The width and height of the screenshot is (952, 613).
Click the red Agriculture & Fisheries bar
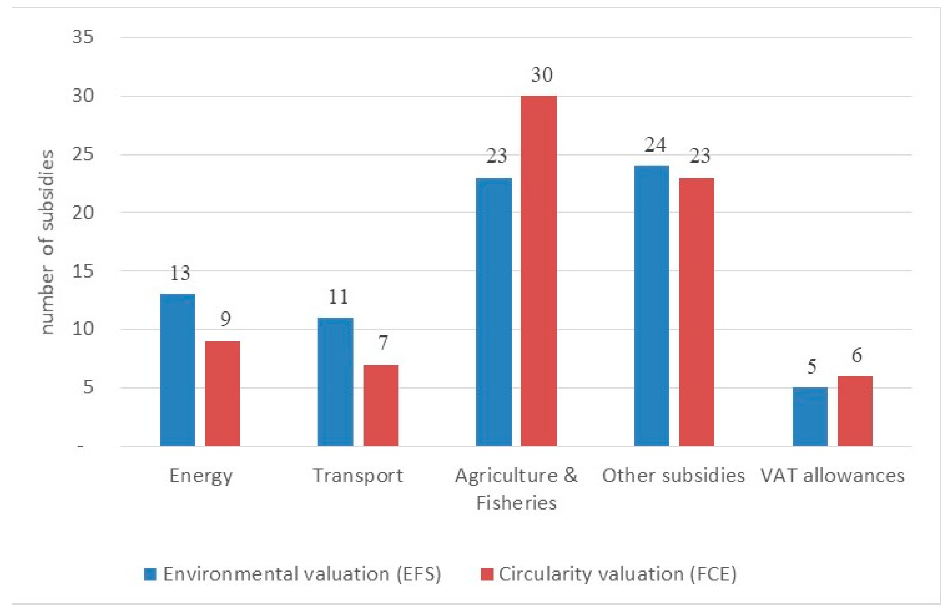[x=538, y=271]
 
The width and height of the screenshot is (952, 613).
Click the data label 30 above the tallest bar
[x=541, y=75]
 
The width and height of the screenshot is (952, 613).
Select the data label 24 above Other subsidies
[x=655, y=145]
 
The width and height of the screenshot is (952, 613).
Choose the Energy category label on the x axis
[x=201, y=476]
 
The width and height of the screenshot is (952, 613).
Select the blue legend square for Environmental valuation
[x=150, y=574]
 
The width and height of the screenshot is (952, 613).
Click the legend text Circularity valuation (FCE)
[x=617, y=574]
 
